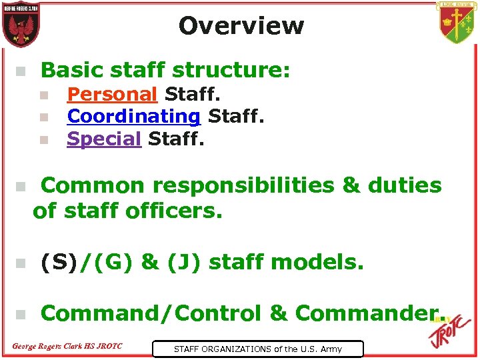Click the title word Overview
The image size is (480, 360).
pyautogui.click(x=241, y=26)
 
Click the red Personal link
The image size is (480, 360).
pyautogui.click(x=112, y=94)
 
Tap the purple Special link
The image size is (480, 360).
pyautogui.click(x=104, y=139)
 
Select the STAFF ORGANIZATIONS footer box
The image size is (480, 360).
pyautogui.click(x=257, y=349)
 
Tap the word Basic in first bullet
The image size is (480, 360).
pyautogui.click(x=69, y=70)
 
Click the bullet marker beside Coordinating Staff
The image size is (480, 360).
pyautogui.click(x=43, y=117)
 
